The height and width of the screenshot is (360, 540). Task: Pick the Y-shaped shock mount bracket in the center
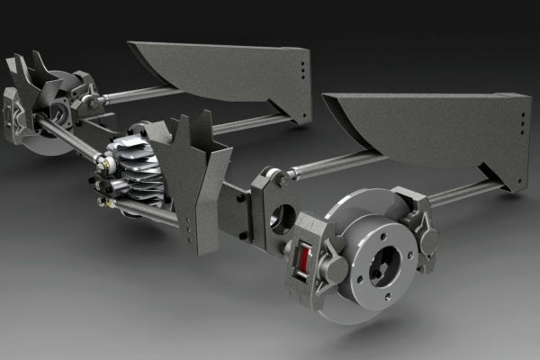191,175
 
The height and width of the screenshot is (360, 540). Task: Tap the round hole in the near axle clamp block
279,216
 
